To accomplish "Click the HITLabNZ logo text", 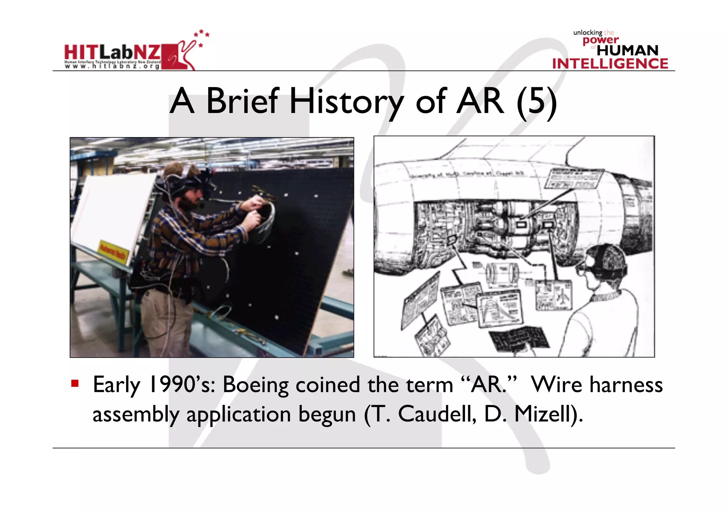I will (x=112, y=53).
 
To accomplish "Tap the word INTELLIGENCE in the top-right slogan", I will (x=610, y=64).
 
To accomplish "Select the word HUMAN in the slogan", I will (x=627, y=50).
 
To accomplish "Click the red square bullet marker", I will (x=75, y=383).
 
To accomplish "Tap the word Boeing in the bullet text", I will (x=255, y=385).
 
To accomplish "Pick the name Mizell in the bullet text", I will (x=544, y=414).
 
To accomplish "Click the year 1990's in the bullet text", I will (x=181, y=385).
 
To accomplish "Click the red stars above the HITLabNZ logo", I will (x=202, y=36).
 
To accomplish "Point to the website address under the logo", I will (x=112, y=66).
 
